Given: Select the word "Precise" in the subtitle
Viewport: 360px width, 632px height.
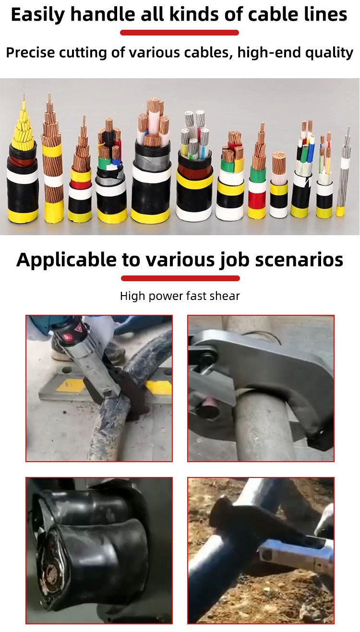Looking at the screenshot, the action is point(30,52).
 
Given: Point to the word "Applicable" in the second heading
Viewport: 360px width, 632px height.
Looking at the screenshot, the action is point(66,260).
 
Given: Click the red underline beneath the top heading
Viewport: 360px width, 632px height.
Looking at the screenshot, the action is point(180,33).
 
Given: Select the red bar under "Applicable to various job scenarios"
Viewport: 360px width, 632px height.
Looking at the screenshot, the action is point(180,278).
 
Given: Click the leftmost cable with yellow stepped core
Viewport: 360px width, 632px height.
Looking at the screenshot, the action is point(22,167).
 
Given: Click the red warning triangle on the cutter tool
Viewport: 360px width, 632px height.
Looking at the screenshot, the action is point(78,329).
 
